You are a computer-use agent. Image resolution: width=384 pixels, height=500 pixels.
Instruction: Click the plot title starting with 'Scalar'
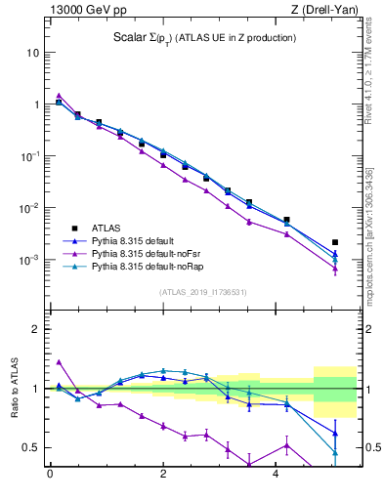203,38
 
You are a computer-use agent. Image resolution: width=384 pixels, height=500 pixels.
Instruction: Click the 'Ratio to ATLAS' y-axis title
15,389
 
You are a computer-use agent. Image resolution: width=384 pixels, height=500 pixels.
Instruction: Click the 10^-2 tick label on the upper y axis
28,208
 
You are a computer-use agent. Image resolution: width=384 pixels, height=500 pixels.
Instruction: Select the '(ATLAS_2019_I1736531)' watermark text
202,292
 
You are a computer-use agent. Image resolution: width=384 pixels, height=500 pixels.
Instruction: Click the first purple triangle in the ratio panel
59,361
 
